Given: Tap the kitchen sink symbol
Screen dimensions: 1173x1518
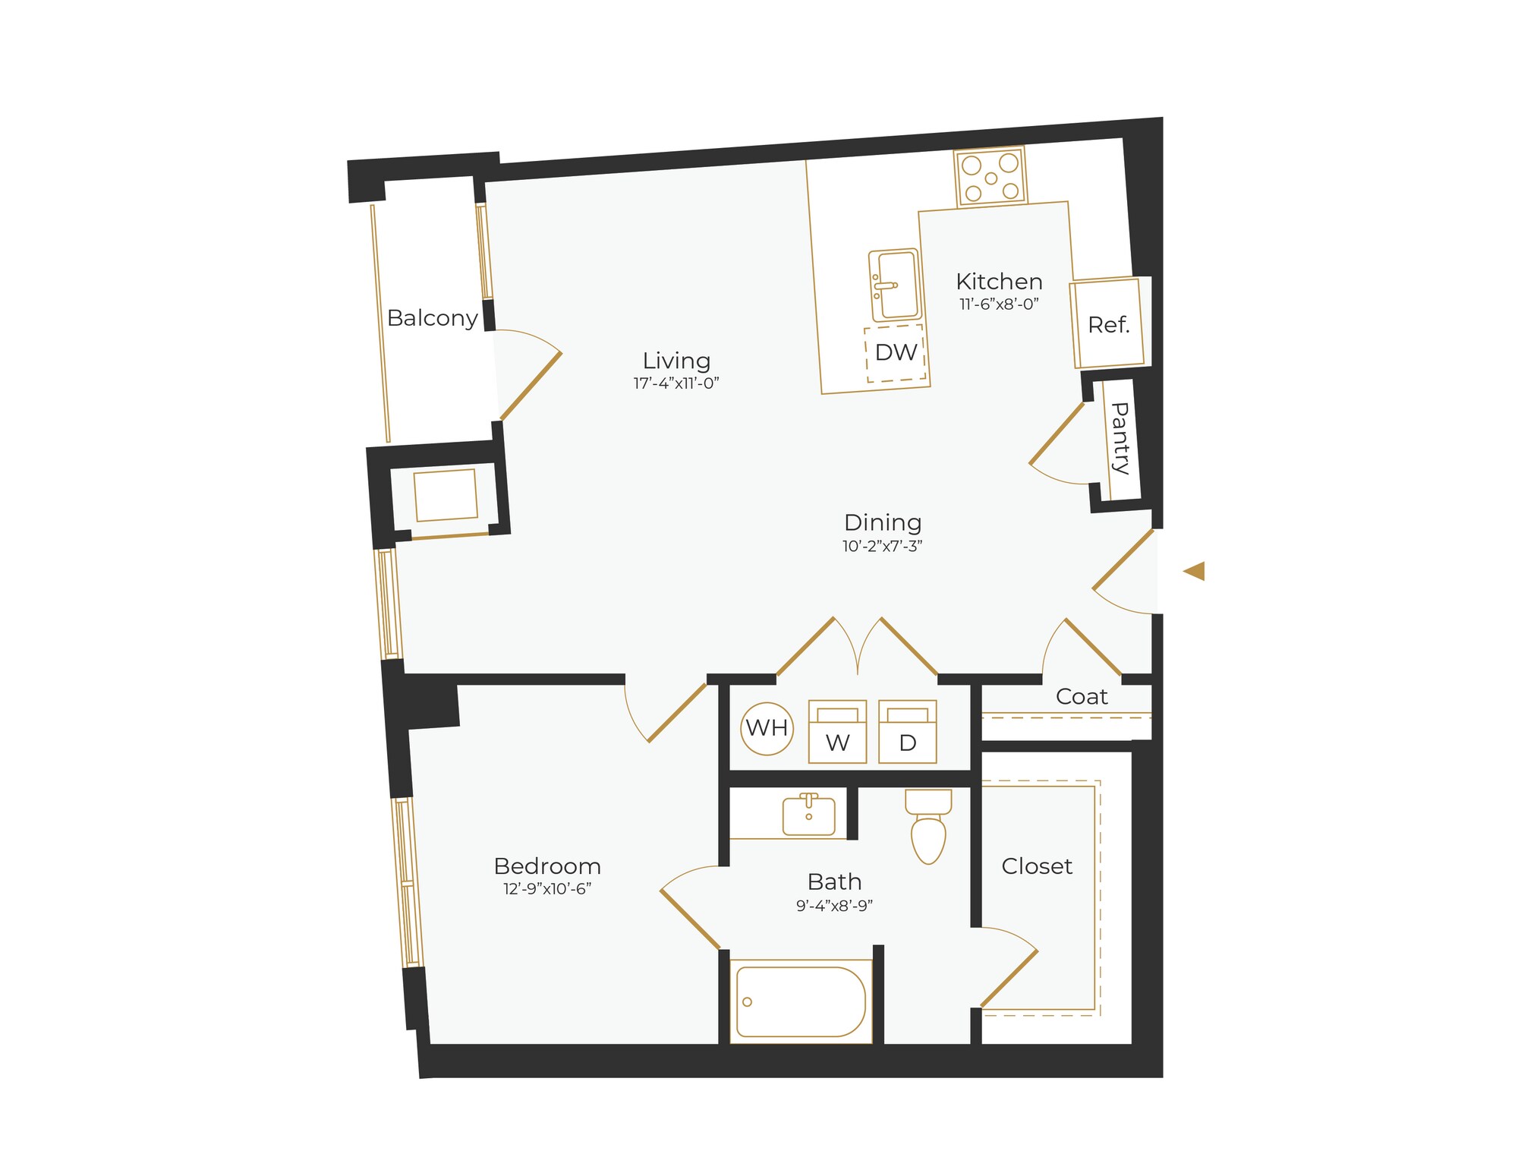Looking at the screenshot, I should tap(895, 285).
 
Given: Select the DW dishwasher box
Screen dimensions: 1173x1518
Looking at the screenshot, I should tap(896, 353).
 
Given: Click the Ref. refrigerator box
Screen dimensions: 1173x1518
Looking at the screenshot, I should tap(1107, 323).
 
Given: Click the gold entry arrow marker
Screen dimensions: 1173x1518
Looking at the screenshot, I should tap(1195, 571).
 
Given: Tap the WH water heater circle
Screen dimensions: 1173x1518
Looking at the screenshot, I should tap(767, 728).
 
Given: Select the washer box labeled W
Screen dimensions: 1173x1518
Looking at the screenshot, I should tap(837, 732).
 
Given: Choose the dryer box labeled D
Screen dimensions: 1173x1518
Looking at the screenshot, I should tap(907, 732).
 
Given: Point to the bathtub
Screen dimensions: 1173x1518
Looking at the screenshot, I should tap(800, 1001).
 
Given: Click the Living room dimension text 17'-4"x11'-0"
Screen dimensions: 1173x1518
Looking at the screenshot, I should tap(676, 383).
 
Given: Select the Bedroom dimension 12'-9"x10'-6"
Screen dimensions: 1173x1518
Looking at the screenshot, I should tap(547, 889).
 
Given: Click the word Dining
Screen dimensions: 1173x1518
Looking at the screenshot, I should tap(883, 522).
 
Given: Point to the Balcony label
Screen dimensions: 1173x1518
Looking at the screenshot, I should tap(433, 318).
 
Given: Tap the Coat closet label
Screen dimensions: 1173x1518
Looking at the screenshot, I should tap(1082, 696).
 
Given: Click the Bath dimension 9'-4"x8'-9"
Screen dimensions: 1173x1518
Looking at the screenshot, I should tap(834, 906).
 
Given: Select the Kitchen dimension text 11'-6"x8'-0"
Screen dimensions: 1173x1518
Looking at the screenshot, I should tap(999, 304).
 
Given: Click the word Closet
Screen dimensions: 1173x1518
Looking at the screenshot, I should tap(1037, 866).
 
